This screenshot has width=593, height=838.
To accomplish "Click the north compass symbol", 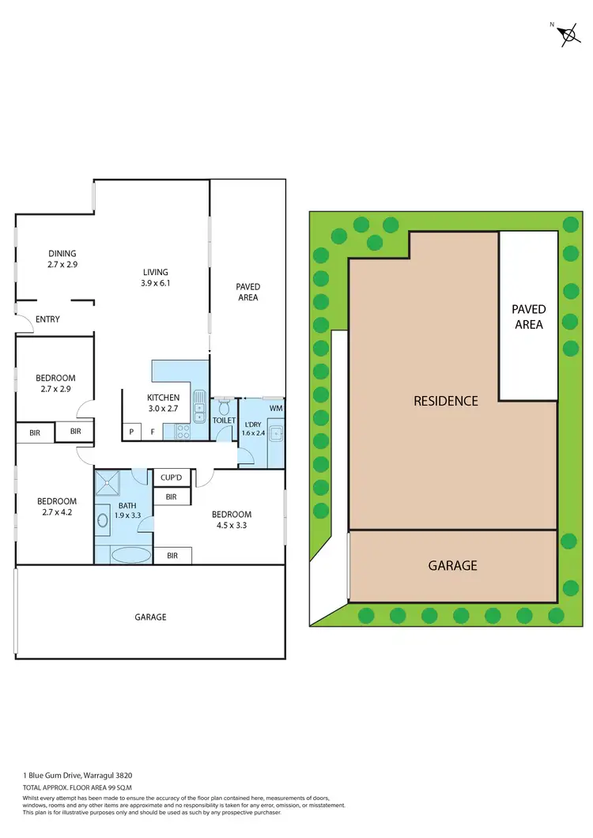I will (x=568, y=34).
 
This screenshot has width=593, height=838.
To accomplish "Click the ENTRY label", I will (x=47, y=319).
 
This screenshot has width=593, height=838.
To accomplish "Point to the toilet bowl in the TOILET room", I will (x=224, y=407).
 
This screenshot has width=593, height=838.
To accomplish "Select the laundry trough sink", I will (x=276, y=432).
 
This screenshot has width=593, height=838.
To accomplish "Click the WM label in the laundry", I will (x=275, y=409).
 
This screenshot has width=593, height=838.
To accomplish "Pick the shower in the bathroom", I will (x=108, y=483).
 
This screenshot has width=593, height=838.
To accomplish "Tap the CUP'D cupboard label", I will (x=172, y=478).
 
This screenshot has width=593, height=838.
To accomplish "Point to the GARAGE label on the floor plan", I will (x=150, y=617).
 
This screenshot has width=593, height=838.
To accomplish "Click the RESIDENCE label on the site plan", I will (x=446, y=401).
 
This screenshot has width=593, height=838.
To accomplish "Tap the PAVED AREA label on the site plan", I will (x=528, y=316).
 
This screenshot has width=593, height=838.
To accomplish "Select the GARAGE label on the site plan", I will (x=452, y=565).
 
